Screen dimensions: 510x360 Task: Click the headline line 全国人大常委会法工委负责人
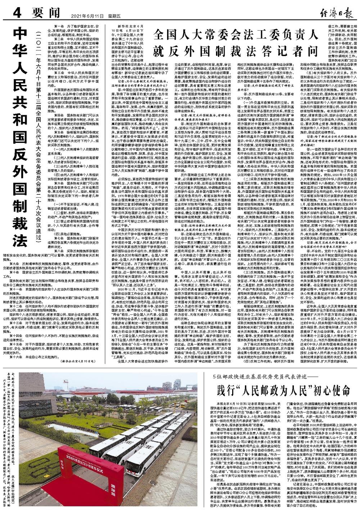point(235,36)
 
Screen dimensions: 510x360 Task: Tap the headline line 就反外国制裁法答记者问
point(235,50)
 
